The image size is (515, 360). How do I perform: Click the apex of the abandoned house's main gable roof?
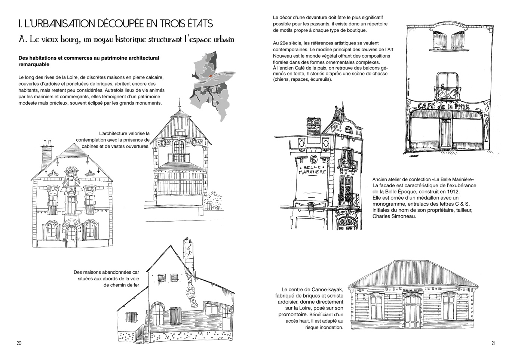tap(171, 245)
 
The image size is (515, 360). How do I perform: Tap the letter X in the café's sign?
tap(467, 107)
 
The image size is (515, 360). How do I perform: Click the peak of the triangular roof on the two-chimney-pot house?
tap(74, 143)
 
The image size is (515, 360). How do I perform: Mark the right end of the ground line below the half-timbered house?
tap(223, 220)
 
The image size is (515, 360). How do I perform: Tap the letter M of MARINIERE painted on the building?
tap(301, 172)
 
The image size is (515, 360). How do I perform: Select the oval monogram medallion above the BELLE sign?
tap(313, 159)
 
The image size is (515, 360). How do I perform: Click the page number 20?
tap(19, 343)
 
